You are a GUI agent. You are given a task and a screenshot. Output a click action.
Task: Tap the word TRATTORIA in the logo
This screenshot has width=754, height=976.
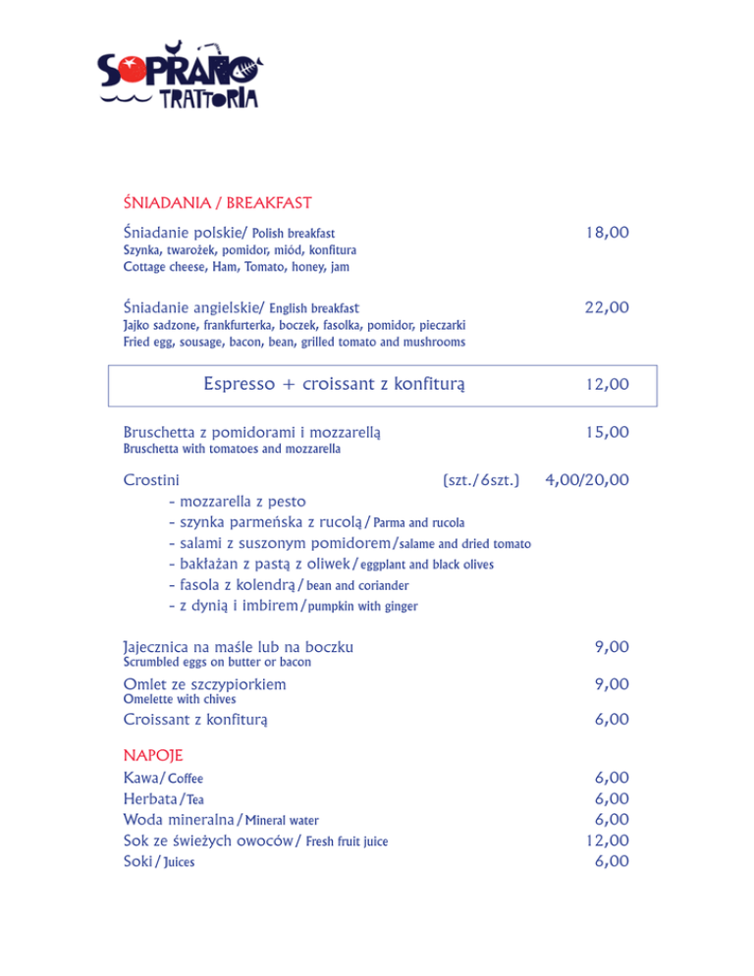pyautogui.click(x=208, y=98)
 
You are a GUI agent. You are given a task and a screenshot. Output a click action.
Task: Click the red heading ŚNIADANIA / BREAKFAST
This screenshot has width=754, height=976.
pyautogui.click(x=217, y=203)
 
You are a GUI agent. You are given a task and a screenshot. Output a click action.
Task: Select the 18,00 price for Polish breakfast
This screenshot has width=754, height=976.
pyautogui.click(x=606, y=233)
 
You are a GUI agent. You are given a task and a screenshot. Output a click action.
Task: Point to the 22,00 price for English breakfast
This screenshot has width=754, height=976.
pyautogui.click(x=606, y=307)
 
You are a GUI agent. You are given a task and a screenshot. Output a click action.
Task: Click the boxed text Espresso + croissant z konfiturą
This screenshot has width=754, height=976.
pyautogui.click(x=333, y=383)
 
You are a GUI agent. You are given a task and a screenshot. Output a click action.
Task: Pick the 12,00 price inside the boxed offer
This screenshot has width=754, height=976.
pyautogui.click(x=606, y=384)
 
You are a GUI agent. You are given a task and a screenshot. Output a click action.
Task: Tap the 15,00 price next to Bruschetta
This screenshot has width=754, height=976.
pyautogui.click(x=606, y=432)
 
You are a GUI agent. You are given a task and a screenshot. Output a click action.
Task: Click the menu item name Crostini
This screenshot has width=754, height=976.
pyautogui.click(x=151, y=480)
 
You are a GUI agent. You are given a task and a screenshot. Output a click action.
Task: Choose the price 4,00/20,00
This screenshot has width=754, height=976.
pyautogui.click(x=587, y=480)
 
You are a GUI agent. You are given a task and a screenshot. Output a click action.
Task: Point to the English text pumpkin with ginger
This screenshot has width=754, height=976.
pyautogui.click(x=361, y=607)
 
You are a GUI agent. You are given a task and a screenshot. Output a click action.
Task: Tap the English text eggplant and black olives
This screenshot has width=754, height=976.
pyautogui.click(x=426, y=565)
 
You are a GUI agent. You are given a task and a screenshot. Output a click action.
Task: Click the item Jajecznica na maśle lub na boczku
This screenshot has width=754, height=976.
pyautogui.click(x=239, y=647)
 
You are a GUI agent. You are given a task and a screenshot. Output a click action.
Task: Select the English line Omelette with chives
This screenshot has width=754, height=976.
pyautogui.click(x=180, y=699)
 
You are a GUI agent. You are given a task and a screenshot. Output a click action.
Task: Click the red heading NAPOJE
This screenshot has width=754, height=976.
pyautogui.click(x=153, y=755)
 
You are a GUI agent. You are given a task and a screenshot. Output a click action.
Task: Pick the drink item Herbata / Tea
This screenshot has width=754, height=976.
pyautogui.click(x=163, y=798)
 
